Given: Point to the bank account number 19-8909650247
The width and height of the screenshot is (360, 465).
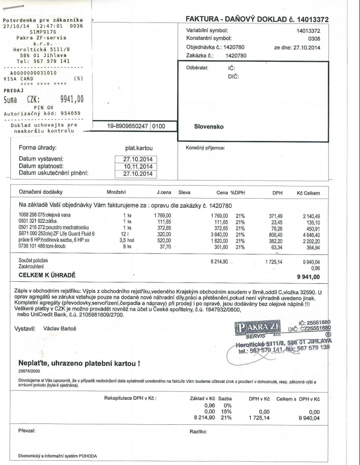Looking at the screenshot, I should point(127,126).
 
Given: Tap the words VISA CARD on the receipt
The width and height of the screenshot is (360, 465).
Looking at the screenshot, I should point(16,79).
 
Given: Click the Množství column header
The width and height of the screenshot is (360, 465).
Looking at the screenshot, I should point(116,193).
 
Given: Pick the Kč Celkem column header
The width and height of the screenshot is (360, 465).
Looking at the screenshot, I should point(308,193).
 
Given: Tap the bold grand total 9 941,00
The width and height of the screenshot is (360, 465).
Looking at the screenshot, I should point(307,276).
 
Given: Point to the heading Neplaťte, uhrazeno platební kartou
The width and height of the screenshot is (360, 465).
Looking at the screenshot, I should point(79,363).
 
